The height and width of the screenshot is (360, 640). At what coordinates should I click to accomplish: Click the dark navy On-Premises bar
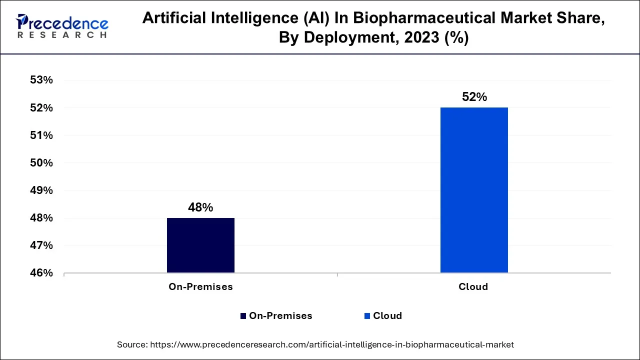pyautogui.click(x=200, y=245)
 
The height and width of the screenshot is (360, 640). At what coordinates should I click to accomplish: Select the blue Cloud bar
pyautogui.click(x=474, y=190)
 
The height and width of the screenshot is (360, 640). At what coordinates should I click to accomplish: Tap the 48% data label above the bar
pyautogui.click(x=200, y=207)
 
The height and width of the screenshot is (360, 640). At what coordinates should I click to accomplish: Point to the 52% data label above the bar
pyautogui.click(x=474, y=97)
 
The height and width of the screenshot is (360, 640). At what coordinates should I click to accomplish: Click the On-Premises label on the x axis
pyautogui.click(x=200, y=287)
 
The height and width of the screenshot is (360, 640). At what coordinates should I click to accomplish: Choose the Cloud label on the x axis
pyautogui.click(x=473, y=287)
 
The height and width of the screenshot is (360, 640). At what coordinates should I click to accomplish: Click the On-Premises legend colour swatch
pyautogui.click(x=243, y=316)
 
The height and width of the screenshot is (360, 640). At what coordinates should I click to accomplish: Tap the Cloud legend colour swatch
pyautogui.click(x=367, y=316)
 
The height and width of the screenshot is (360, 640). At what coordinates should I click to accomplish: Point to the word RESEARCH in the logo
pyautogui.click(x=62, y=35)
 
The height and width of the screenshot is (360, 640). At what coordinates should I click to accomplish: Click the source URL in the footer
pyautogui.click(x=331, y=344)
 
